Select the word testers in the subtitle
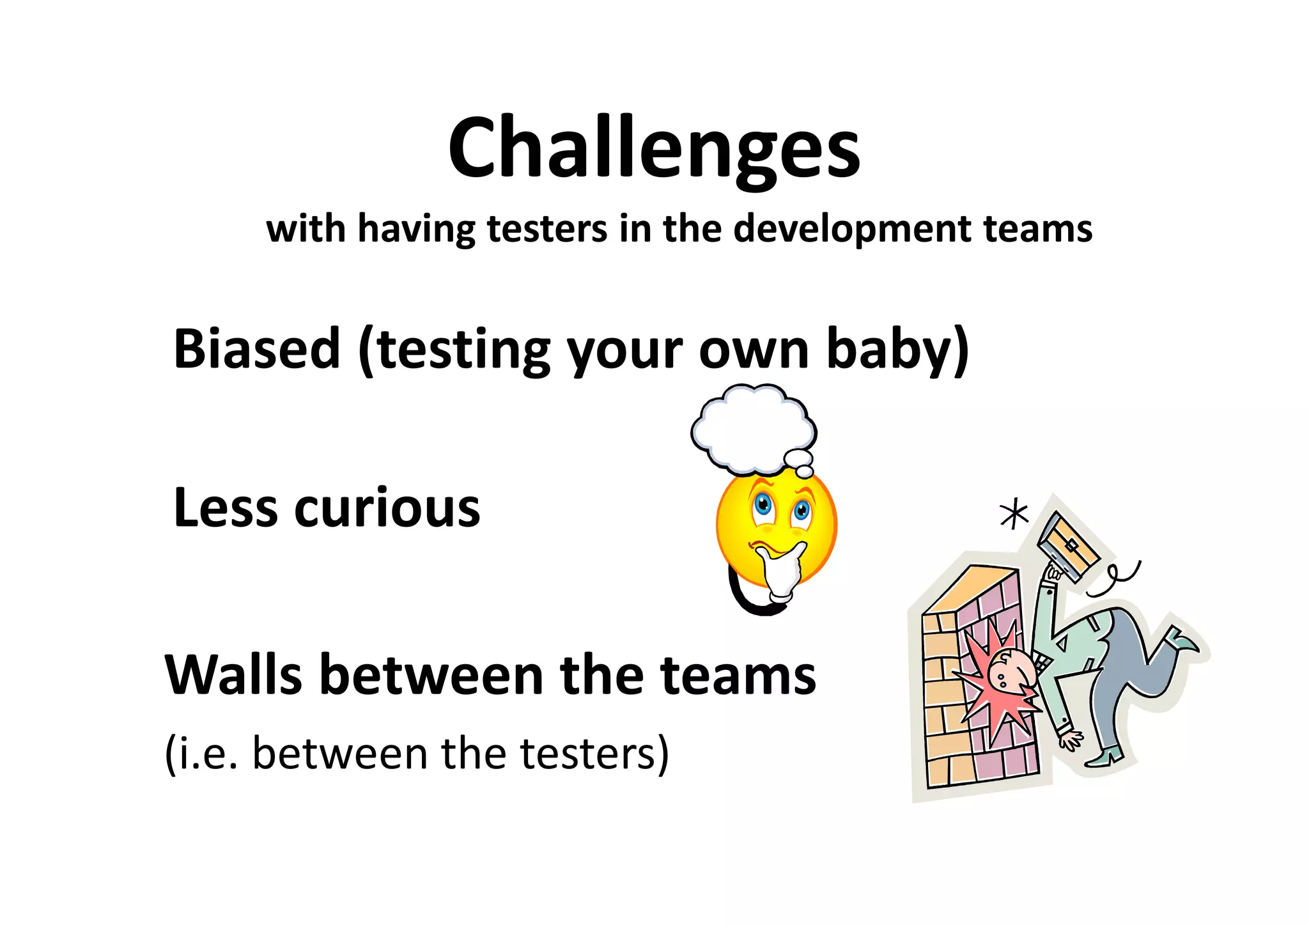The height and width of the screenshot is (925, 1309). [546, 229]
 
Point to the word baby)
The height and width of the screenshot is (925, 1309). [898, 349]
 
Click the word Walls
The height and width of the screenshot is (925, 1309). [233, 675]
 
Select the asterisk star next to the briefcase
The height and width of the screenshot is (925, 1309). [1014, 515]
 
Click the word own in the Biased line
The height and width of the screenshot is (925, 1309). [754, 349]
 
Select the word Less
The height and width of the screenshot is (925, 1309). [225, 508]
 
